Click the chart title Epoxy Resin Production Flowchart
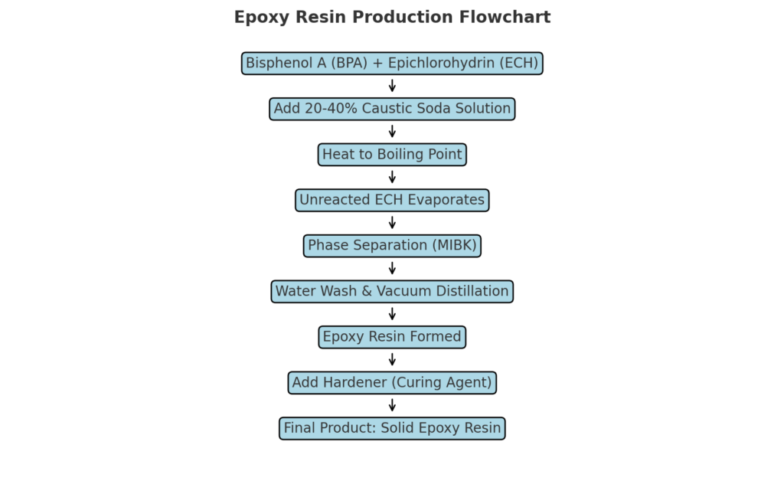(x=392, y=18)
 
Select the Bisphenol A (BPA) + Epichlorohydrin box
(x=392, y=64)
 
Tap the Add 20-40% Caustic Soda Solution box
(x=392, y=109)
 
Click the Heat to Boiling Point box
(x=392, y=155)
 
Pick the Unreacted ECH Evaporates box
(x=392, y=200)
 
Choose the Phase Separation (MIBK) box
(x=392, y=246)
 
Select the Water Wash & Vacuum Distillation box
(x=392, y=291)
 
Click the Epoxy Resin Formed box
(x=392, y=337)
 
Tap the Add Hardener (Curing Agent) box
(x=392, y=382)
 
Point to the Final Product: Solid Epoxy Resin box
(x=392, y=428)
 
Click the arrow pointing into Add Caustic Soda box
(x=392, y=86)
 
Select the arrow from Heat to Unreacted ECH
(x=392, y=177)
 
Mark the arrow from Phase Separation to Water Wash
(x=392, y=268)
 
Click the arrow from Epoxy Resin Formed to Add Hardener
(x=392, y=359)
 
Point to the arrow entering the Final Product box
(x=392, y=405)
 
